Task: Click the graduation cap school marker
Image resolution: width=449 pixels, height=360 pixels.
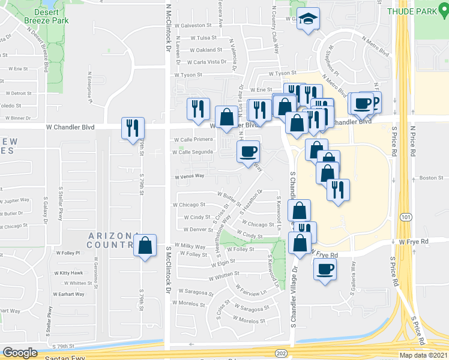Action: tap(308, 19)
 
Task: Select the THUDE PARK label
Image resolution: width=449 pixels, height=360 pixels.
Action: tap(418, 11)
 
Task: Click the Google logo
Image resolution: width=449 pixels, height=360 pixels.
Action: tap(20, 353)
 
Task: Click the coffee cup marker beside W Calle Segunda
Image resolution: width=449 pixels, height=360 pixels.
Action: tap(248, 151)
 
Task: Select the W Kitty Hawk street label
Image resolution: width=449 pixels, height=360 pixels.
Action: tap(68, 273)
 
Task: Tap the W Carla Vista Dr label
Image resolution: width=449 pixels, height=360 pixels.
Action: tap(208, 61)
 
